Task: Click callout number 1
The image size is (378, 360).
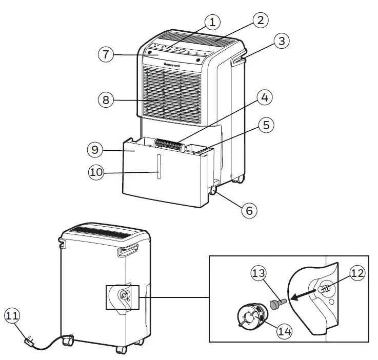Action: [212, 22]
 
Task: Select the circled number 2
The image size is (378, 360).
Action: [260, 21]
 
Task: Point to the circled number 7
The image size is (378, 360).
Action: [105, 55]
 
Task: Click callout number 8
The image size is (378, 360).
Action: [106, 100]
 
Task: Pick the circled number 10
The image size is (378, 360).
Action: [96, 173]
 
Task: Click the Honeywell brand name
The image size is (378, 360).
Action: [174, 65]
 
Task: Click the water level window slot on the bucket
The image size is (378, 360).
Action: [158, 168]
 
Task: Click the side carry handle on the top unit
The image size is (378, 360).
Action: [238, 61]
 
